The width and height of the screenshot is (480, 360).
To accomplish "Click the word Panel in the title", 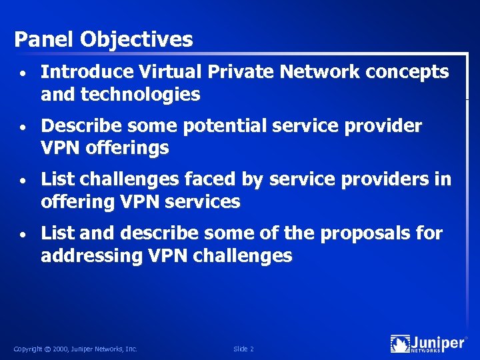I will (x=44, y=40).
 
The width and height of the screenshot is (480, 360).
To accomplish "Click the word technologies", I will (x=140, y=95).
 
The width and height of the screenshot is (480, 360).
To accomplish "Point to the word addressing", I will (x=91, y=256).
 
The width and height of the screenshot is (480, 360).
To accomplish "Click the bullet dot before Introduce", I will (x=23, y=73).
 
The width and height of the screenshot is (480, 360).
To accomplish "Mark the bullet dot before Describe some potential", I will (x=23, y=127).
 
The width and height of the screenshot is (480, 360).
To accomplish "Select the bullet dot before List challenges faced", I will (x=23, y=180).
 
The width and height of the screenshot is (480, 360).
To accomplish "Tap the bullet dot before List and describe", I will (x=23, y=234).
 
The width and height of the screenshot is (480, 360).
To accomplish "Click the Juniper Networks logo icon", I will (x=400, y=344).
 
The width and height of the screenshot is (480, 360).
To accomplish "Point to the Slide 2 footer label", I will (x=243, y=349).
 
